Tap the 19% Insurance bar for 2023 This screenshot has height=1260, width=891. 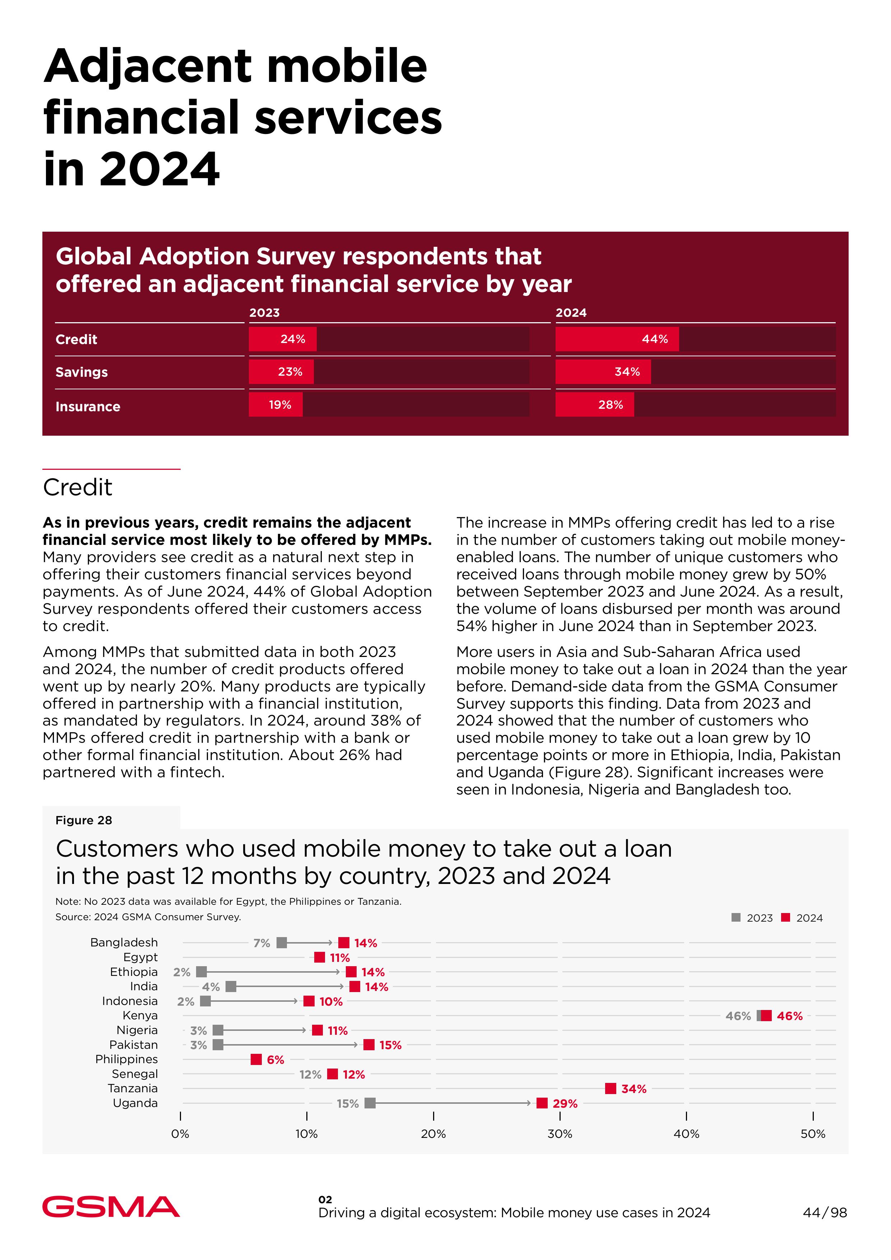[x=275, y=405]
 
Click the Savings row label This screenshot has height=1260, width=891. [x=82, y=372]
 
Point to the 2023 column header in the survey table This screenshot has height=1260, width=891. [x=264, y=313]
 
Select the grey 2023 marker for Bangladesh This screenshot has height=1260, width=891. [x=282, y=943]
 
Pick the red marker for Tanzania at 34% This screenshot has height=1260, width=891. [x=611, y=1088]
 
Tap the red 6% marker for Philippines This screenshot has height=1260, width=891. [x=256, y=1059]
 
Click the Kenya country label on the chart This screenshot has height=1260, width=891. [x=140, y=1015]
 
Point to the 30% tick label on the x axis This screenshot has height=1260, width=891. [x=560, y=1134]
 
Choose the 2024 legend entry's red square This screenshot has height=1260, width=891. [x=786, y=918]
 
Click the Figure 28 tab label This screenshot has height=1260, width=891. [x=84, y=820]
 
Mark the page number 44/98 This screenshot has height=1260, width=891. [x=825, y=1213]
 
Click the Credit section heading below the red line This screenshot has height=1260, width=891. [x=78, y=487]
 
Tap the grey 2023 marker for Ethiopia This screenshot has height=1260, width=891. [x=201, y=972]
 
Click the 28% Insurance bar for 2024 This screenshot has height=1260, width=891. [x=594, y=405]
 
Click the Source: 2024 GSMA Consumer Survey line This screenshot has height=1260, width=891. [x=148, y=917]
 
